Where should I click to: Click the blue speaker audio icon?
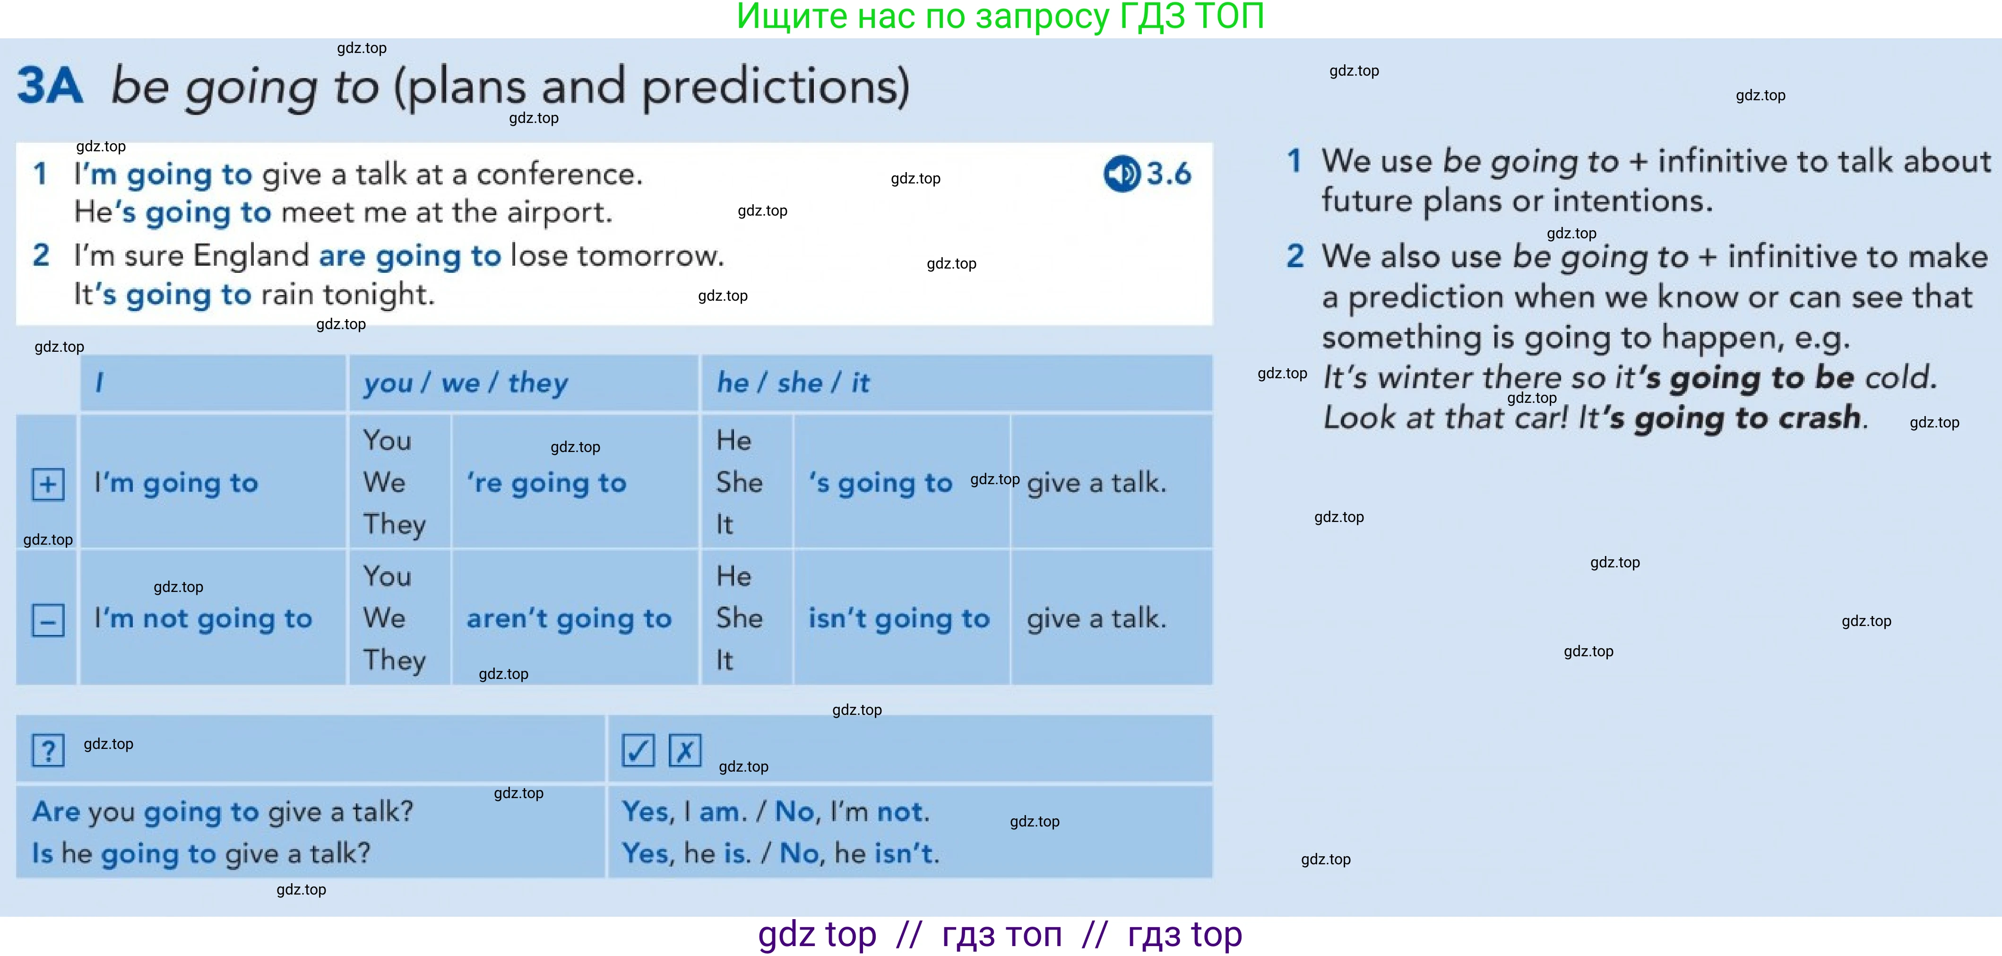(x=1122, y=174)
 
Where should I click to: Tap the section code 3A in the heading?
(x=50, y=86)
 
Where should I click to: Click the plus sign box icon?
(x=48, y=484)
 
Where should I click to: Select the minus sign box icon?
(x=48, y=620)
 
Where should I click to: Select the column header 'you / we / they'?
(x=466, y=383)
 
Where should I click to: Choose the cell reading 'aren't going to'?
(x=569, y=619)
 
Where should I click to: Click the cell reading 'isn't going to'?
(x=899, y=619)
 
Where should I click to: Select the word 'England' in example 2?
(x=251, y=256)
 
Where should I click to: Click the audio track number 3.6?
(x=1169, y=174)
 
